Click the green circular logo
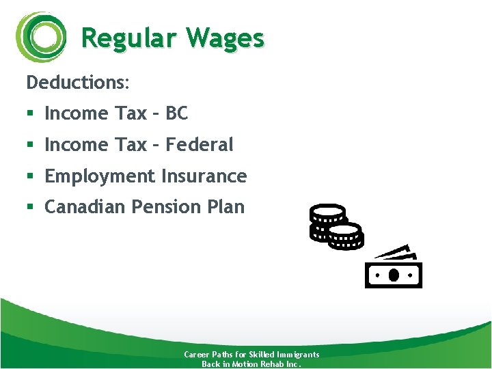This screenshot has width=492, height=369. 42,37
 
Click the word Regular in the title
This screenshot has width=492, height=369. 123,38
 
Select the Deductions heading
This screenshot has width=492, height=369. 77,83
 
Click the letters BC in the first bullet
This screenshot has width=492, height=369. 176,113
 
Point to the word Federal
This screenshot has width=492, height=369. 200,145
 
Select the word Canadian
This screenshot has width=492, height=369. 85,207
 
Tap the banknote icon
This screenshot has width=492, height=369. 394,269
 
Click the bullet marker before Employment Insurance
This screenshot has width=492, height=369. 30,177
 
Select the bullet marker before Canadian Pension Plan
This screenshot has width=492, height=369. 30,208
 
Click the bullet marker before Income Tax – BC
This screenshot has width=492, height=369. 30,114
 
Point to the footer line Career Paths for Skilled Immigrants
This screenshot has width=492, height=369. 251,355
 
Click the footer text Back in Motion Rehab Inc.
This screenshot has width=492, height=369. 251,364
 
